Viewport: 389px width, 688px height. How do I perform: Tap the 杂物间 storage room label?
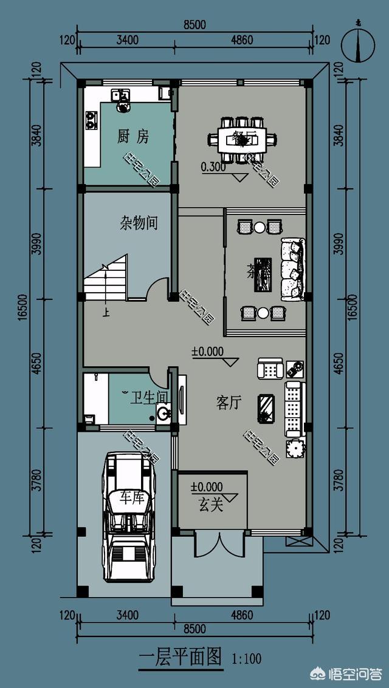pos(139,223)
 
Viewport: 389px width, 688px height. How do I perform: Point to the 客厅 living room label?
pos(229,402)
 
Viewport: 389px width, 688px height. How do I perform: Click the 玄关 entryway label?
pos(210,505)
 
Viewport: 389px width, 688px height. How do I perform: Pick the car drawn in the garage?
pos(128,517)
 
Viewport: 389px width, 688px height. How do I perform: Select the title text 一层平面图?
pos(181,658)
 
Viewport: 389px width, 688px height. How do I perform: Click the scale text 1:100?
pos(246,658)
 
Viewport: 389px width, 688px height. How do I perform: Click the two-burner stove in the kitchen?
pos(91,120)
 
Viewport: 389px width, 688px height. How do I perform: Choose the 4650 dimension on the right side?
pos(339,363)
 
